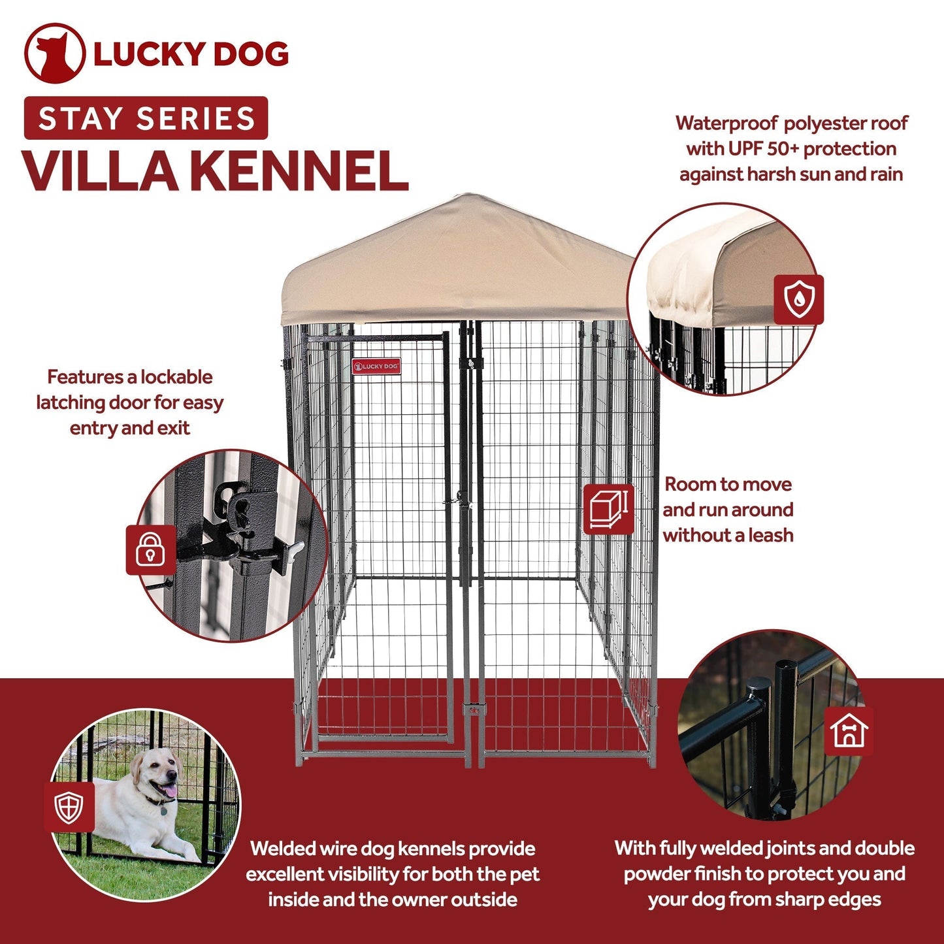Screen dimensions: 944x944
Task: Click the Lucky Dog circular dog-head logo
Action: click(x=54, y=54)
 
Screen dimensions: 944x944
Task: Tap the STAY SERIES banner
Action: click(x=146, y=118)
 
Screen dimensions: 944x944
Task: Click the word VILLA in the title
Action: click(x=99, y=171)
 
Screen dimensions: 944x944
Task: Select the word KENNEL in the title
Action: click(x=299, y=171)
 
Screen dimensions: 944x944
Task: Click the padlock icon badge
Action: click(x=151, y=549)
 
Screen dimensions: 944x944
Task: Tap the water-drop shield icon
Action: click(x=798, y=299)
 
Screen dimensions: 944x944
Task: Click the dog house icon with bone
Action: click(x=849, y=730)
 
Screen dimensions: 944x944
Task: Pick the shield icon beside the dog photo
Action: click(x=69, y=807)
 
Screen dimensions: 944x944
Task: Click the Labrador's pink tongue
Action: click(x=169, y=792)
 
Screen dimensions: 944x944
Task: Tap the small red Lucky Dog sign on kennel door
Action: click(x=376, y=366)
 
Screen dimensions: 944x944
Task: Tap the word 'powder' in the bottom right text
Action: click(x=656, y=874)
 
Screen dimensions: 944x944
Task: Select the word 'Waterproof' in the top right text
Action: click(x=726, y=123)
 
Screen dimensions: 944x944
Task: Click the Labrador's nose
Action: click(x=174, y=774)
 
